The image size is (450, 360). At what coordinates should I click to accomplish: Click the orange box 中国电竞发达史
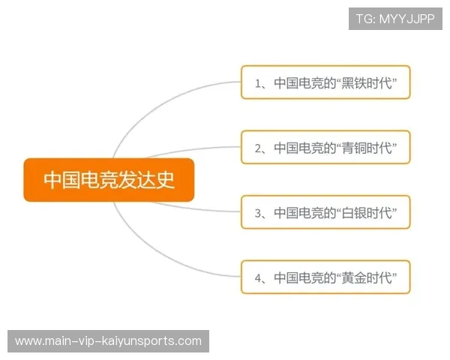(x=109, y=180)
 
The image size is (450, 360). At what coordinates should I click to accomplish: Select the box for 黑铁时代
(x=325, y=83)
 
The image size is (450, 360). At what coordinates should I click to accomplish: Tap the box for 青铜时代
(x=325, y=148)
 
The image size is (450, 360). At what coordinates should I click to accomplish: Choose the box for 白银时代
(x=325, y=213)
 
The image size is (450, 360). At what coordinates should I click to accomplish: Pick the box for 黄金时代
(x=325, y=277)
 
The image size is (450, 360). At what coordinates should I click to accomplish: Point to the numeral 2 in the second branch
(x=258, y=148)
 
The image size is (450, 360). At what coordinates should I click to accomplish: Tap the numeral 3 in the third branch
(x=258, y=214)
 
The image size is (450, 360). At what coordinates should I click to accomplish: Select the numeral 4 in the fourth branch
(x=258, y=278)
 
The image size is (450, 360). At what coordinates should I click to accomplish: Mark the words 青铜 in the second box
(x=359, y=148)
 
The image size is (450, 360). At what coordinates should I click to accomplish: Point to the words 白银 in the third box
(x=359, y=214)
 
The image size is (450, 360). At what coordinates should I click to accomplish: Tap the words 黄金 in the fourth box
(x=359, y=278)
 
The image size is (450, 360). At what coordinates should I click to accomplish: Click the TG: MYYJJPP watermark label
(x=395, y=19)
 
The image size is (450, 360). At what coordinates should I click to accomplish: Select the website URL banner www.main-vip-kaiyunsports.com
(x=108, y=341)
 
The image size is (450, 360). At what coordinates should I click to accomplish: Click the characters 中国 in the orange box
(x=61, y=180)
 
